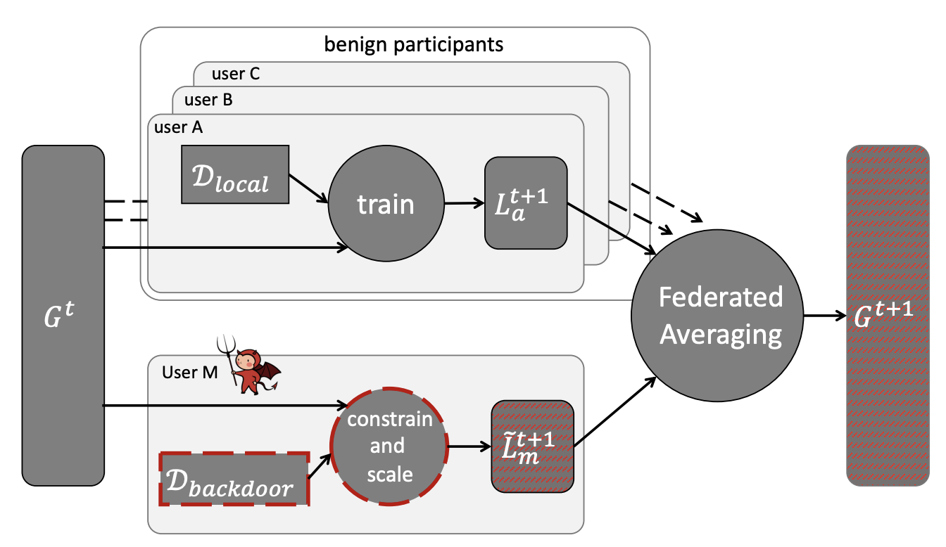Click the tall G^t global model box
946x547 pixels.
point(63,314)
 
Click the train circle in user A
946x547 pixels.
point(385,205)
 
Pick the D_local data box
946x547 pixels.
point(235,174)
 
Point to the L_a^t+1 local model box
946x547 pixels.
point(526,202)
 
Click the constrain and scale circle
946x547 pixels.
point(389,446)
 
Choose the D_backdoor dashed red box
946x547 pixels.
point(234,479)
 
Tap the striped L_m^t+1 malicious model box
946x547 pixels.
point(532,446)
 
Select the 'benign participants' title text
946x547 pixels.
point(414,45)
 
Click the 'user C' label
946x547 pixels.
point(236,73)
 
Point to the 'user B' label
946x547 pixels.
point(208,100)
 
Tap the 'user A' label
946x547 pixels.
point(178,127)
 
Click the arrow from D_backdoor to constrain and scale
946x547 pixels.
point(321,468)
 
